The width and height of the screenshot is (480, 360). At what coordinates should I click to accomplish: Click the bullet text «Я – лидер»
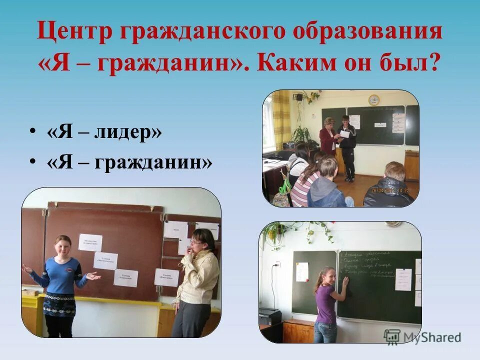coord(104,133)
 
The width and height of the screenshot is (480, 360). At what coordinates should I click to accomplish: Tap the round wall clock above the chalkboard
coord(373,99)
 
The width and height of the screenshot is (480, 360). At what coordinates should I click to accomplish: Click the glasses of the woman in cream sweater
coord(195,242)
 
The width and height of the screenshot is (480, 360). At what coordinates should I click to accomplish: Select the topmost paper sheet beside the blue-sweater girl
coord(90,242)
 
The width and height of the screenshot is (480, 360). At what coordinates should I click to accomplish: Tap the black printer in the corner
coord(270,316)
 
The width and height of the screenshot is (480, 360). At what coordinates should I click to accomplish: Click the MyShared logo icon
coord(392,336)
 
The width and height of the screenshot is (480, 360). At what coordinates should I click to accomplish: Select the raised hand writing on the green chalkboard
coord(344,281)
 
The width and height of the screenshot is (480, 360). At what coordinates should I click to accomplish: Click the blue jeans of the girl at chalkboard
coord(325,332)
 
